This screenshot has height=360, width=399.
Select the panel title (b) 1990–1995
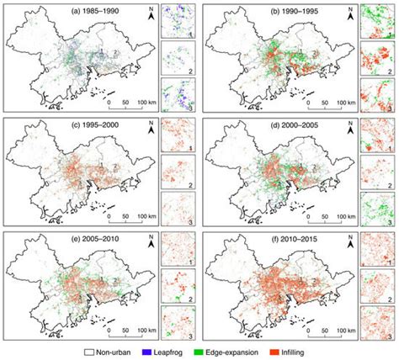[247, 11]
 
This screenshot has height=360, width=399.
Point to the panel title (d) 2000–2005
[247, 124]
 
